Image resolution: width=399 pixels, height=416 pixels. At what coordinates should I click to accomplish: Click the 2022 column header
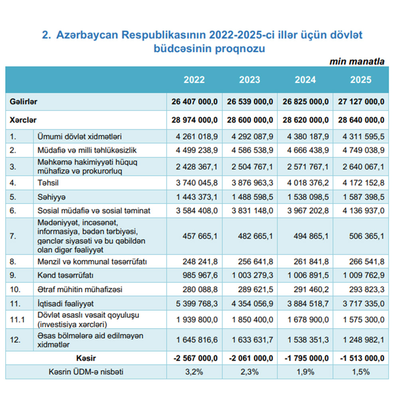click(x=194, y=79)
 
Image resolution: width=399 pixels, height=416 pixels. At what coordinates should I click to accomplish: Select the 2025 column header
click(x=361, y=79)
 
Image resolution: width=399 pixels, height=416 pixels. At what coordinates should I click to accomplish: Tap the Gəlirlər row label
click(x=24, y=102)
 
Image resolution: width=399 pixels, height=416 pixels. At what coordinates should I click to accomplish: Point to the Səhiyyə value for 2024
click(x=307, y=197)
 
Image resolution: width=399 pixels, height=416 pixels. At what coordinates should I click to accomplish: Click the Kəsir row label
click(x=86, y=358)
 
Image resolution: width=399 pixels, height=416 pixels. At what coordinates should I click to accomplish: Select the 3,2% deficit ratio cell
click(x=194, y=372)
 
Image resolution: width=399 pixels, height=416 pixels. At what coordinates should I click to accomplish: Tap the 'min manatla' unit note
click(x=357, y=61)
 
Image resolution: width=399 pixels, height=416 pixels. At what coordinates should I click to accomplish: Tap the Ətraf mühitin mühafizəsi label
click(x=79, y=289)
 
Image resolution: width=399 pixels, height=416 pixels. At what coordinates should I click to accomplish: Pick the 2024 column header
click(x=305, y=79)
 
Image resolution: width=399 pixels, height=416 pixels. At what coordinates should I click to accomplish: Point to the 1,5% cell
click(x=361, y=372)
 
